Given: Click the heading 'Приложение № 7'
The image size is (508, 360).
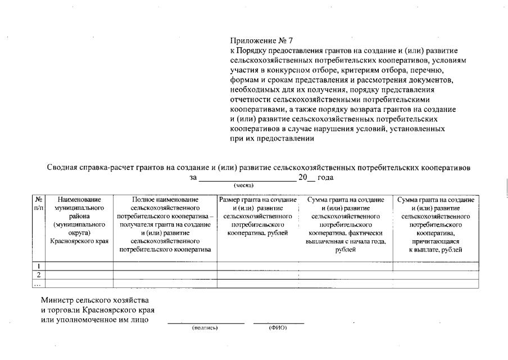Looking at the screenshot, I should (261, 40).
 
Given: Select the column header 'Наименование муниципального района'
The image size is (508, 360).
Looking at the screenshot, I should (79, 220).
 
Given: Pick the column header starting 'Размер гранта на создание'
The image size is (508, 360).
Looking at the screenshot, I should (257, 216).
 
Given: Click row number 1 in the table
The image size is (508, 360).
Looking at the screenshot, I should (39, 266).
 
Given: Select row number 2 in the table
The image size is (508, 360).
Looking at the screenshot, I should (39, 275).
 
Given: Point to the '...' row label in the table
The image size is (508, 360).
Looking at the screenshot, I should (39, 283).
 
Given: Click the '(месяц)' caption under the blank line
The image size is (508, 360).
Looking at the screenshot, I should (244, 185).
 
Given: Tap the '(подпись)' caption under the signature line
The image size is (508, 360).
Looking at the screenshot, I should (205, 327).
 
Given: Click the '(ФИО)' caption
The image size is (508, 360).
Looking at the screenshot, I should (278, 327).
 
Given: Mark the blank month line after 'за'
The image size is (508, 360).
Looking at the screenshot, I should (247, 179).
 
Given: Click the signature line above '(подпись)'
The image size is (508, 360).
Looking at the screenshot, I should (206, 323).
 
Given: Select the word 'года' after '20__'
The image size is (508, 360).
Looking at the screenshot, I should (326, 177).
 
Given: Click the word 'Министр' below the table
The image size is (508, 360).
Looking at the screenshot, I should (57, 300).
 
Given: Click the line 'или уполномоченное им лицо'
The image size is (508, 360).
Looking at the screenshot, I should (95, 320).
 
